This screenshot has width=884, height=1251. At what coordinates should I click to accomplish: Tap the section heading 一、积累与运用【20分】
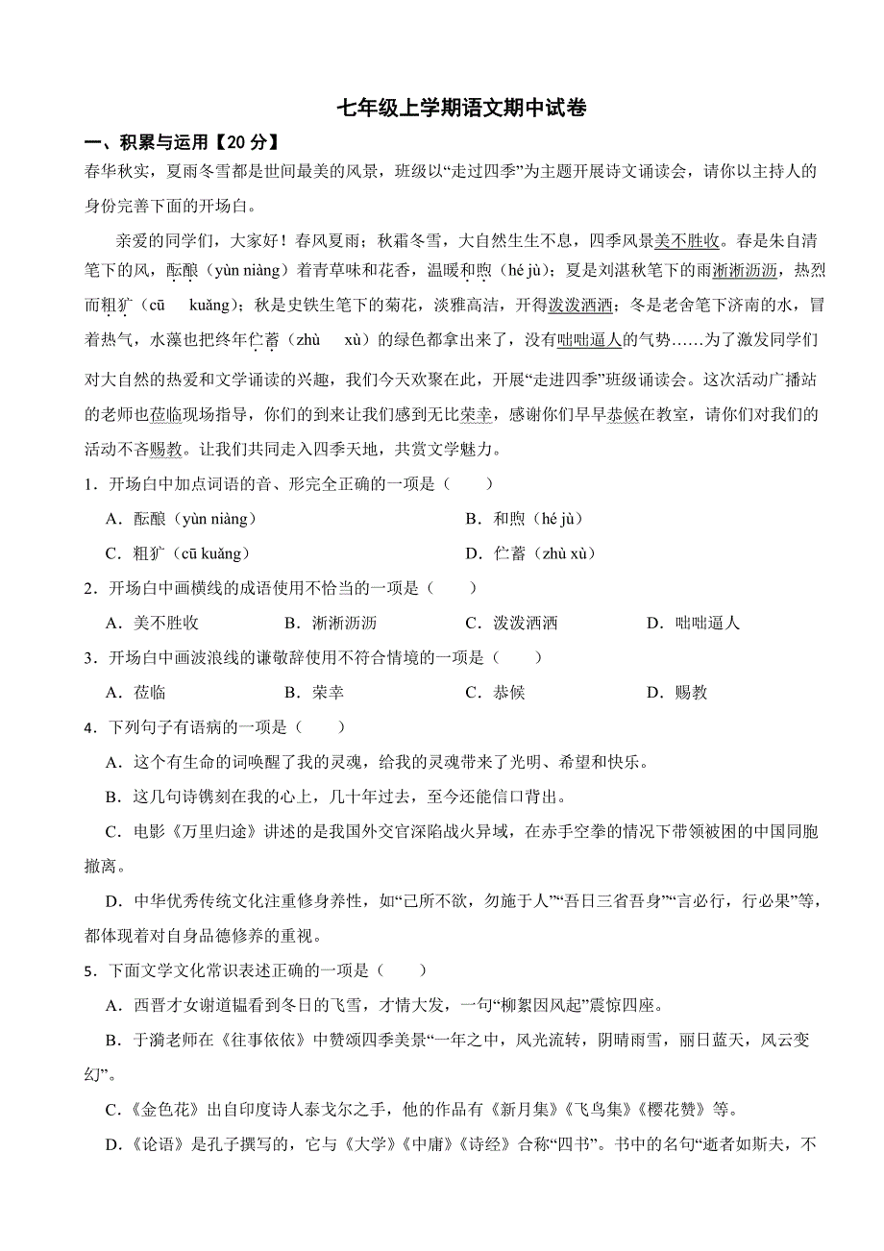coord(182,142)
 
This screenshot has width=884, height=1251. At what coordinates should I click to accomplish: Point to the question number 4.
coord(88,727)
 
